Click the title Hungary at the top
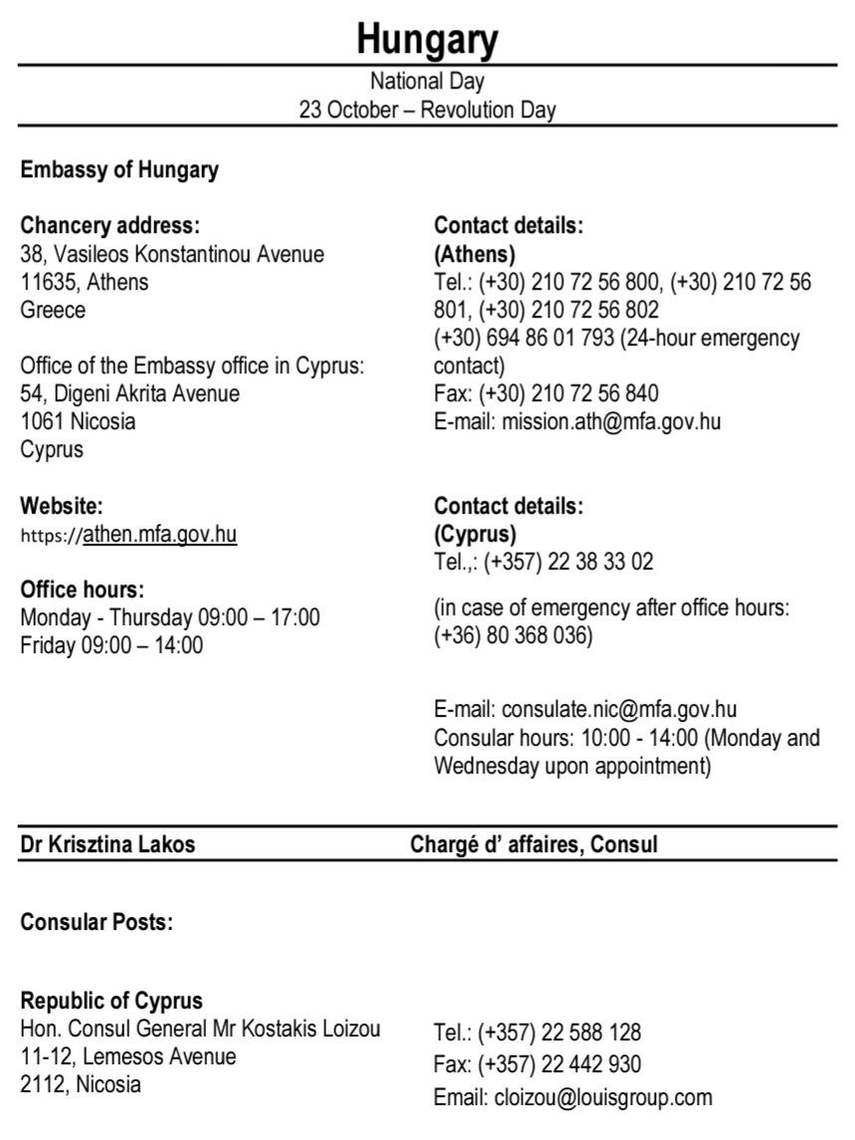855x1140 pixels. point(427,40)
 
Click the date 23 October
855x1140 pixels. point(347,111)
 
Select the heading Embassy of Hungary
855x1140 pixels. point(119,169)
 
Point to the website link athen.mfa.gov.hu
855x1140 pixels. point(159,535)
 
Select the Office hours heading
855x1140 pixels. point(83,588)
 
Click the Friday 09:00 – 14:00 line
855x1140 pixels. point(111,644)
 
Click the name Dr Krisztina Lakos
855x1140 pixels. point(107,845)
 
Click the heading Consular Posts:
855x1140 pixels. point(97,922)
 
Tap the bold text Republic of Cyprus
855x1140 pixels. point(111,1001)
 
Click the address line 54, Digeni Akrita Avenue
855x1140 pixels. point(130,393)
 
